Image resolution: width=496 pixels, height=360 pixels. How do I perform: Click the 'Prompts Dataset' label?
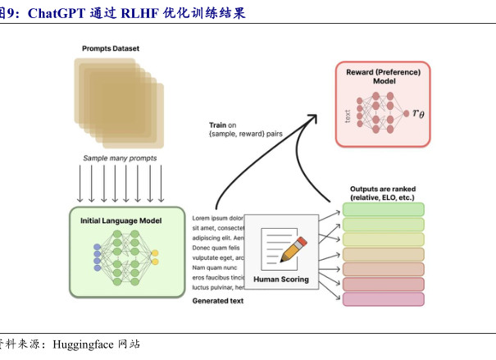point(110,49)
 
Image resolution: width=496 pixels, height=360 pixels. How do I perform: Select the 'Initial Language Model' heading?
point(121,221)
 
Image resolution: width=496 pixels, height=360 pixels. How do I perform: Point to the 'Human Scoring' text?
point(281,280)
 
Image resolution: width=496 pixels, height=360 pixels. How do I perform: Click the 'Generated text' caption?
point(218,301)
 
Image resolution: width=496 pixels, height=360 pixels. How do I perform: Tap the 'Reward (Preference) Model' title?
point(383,76)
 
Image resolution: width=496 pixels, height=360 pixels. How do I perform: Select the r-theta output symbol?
point(418,113)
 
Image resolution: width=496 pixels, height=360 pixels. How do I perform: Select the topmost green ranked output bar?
point(383,209)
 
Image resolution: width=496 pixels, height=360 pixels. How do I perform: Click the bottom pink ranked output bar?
point(383,298)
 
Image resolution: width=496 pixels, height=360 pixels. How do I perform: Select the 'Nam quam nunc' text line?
point(215,267)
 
